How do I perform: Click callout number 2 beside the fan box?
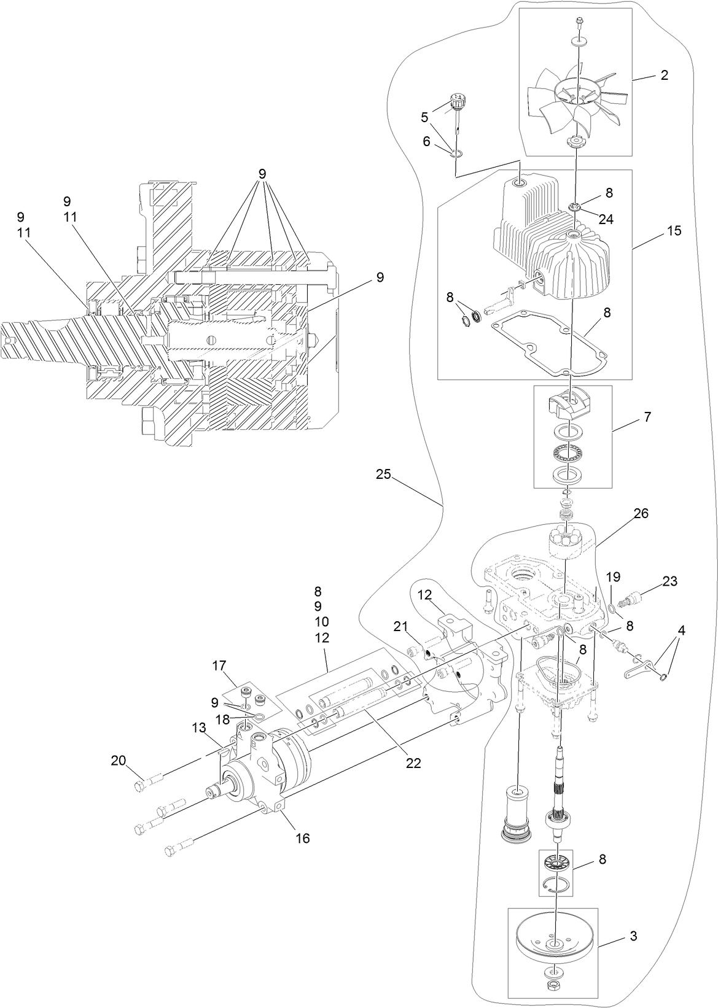664,76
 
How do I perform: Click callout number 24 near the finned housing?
606,219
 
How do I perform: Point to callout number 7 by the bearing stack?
647,417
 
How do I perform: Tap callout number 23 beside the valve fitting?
669,581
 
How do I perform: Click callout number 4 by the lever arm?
681,630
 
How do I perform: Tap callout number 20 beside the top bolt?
118,761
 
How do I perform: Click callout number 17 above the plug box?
219,665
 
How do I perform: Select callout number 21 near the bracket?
400,626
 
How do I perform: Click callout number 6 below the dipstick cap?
426,141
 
